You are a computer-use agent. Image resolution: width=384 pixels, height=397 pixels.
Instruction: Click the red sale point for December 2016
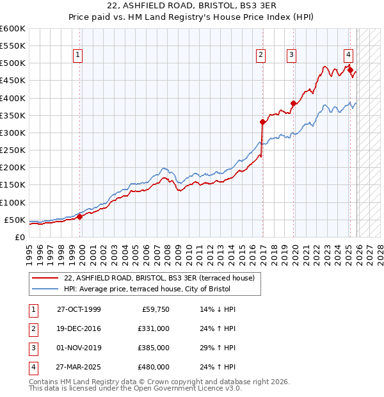[262, 122]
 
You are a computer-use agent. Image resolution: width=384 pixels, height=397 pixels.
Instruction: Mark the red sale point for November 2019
[293, 103]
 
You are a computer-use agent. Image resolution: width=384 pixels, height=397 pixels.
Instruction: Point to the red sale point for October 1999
[80, 216]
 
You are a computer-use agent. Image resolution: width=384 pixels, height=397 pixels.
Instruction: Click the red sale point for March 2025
[350, 70]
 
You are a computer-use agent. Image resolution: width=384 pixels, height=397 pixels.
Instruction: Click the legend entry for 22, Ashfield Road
[159, 278]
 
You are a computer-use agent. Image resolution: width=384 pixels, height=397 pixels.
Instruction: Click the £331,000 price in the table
[154, 328]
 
